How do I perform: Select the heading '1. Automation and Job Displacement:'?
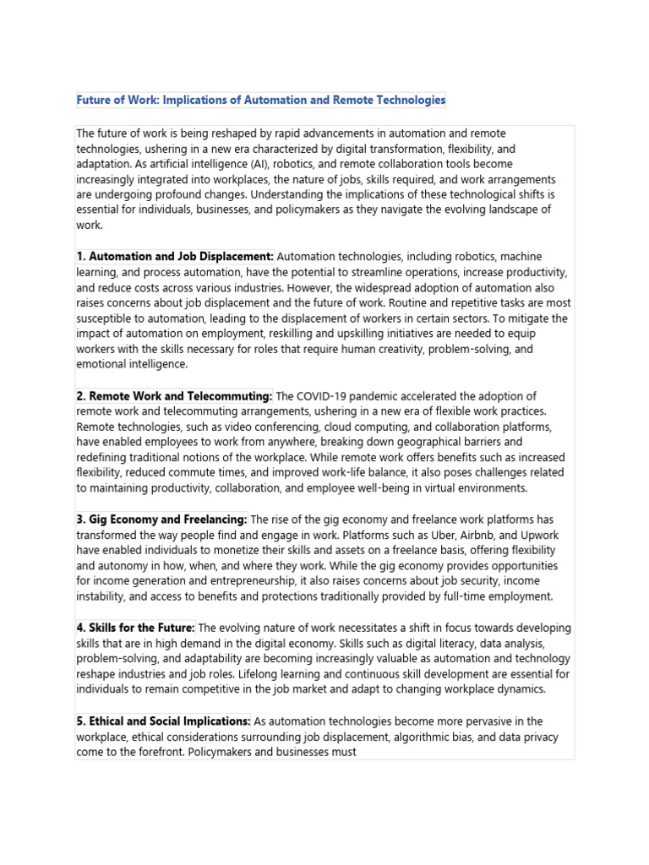click(x=175, y=256)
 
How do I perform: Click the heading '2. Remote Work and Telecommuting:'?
click(x=174, y=396)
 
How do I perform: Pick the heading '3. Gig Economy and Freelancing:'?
click(x=161, y=520)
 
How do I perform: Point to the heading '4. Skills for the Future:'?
click(x=136, y=628)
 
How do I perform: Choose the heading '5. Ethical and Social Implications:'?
click(x=163, y=721)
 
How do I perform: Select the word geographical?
click(x=390, y=442)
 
